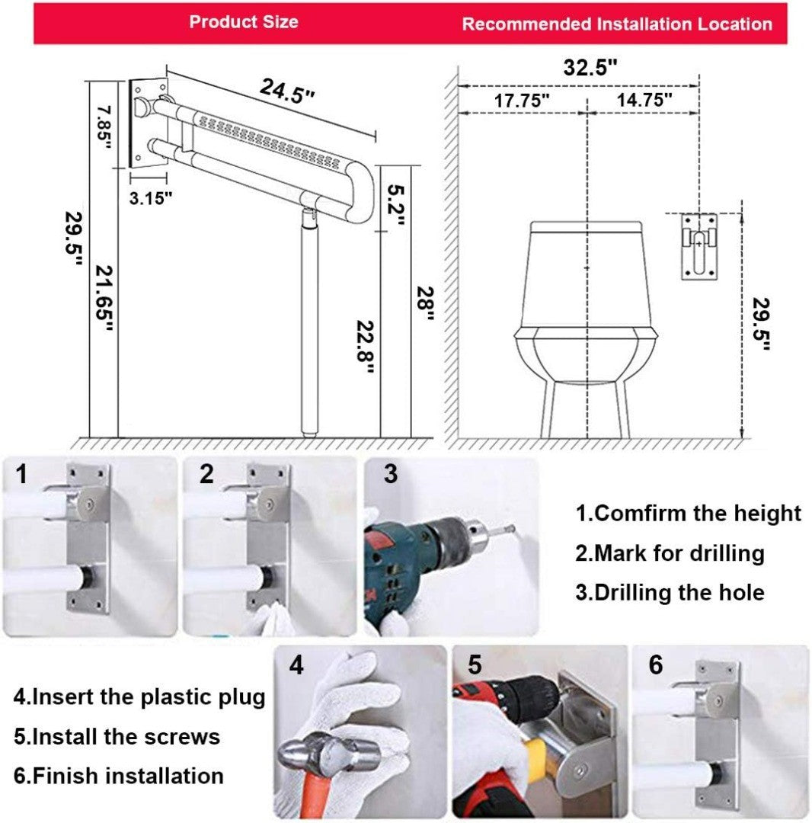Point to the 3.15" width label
149,197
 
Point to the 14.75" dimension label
644,100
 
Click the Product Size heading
244,21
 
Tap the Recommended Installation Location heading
617,24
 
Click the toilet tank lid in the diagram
587,226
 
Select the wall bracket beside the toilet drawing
700,246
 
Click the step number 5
475,665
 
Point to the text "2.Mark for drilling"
670,552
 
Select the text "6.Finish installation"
119,777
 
